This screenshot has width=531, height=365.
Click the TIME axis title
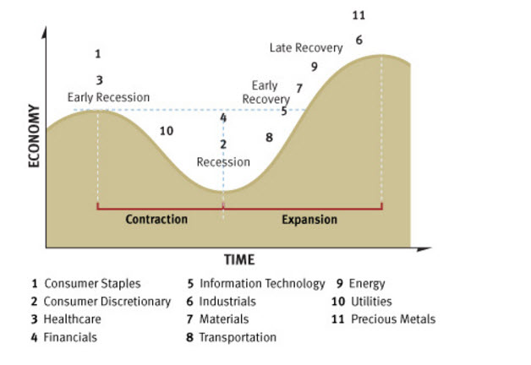coord(238,259)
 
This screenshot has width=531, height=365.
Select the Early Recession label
coord(108,97)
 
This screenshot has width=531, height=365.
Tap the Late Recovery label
coord(306,48)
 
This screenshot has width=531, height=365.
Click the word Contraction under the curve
coord(156,220)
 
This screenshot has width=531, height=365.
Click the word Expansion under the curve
coord(309,220)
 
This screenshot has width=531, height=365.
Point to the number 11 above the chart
coord(358,15)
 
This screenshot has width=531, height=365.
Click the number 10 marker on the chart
coord(166,131)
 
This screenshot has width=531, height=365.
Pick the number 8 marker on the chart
coord(269,137)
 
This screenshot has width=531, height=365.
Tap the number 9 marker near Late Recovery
coord(314,67)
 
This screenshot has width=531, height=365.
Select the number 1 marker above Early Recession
coord(98,54)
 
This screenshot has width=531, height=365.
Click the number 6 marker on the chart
coord(359,40)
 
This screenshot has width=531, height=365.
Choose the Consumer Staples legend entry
coord(85,284)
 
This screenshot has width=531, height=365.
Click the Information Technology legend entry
coord(255,284)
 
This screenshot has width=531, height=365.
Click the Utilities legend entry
coord(364,302)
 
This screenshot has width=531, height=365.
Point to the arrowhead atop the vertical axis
coord(46,34)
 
